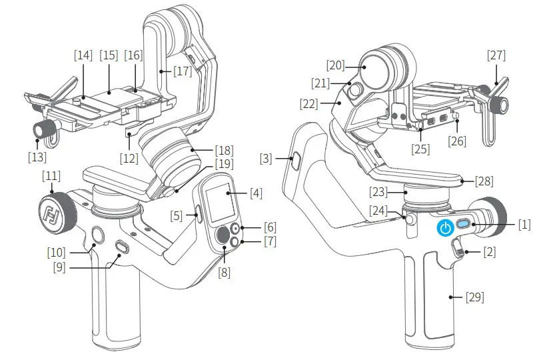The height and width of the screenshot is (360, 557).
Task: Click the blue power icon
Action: tap(446, 228)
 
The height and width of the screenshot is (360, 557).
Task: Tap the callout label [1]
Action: tap(524, 225)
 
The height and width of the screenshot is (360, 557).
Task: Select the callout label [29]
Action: tap(474, 297)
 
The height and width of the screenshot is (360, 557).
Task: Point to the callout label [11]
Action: tap(51, 177)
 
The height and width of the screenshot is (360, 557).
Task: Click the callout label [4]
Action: tap(255, 194)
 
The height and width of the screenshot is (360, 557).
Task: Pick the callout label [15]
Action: tap(109, 55)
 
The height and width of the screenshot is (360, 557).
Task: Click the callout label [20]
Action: tap(336, 65)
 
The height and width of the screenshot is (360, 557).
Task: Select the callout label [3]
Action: tap(267, 159)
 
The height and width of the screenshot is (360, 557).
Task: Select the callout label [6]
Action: tap(270, 227)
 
